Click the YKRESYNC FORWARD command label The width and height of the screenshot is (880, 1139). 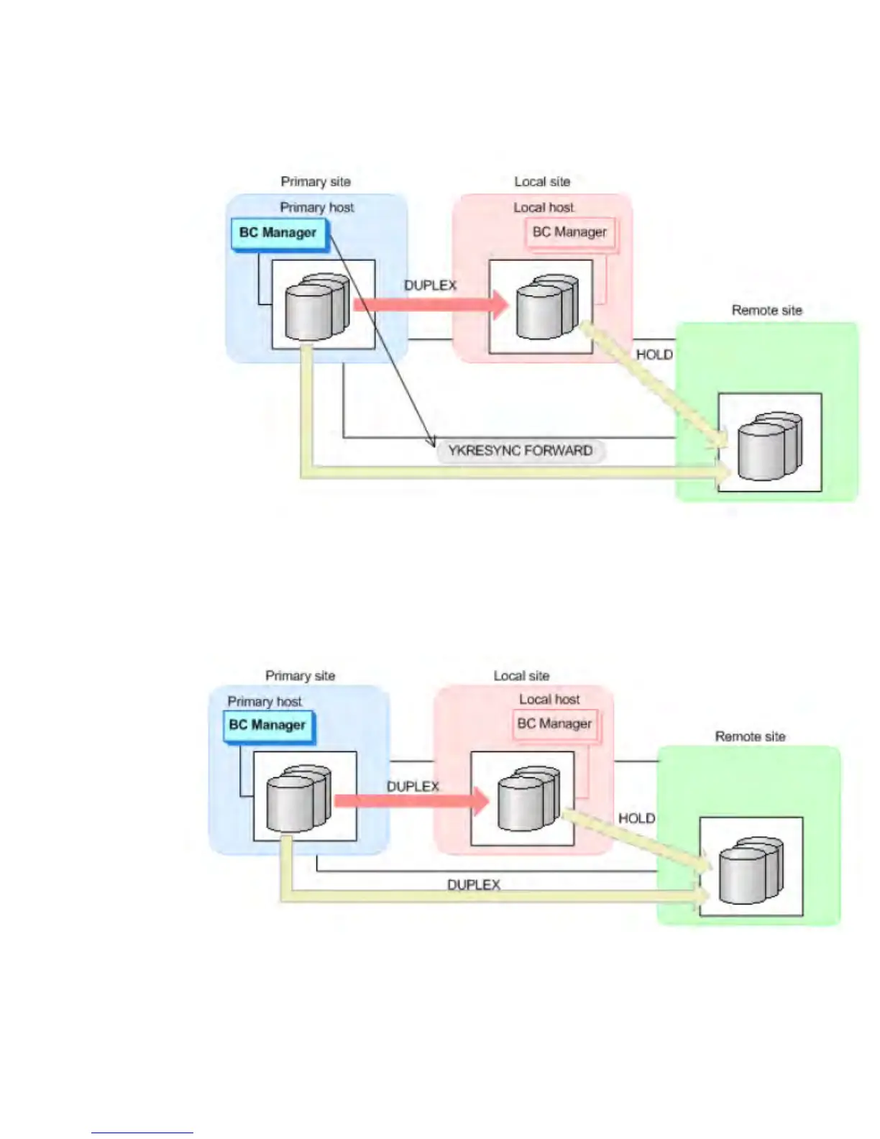coord(520,451)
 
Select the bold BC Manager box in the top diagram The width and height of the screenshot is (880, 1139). coord(278,233)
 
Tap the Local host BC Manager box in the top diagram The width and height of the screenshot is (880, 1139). coord(570,232)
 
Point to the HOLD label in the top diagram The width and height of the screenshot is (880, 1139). coord(654,354)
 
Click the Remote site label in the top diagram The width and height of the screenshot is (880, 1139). coord(766,310)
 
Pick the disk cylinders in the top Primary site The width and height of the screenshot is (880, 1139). coord(317,306)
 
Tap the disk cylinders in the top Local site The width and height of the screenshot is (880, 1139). coord(547,306)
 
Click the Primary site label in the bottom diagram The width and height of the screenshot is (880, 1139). coord(300,675)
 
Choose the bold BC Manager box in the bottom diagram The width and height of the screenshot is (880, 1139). coord(267,725)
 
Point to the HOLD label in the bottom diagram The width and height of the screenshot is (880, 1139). coord(637,818)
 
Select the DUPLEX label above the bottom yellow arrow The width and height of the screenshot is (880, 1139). coord(473,884)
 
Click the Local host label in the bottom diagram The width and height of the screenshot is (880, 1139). coord(549,699)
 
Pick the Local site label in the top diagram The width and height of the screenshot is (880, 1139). coord(542,182)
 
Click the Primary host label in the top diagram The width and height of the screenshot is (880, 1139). coord(317,207)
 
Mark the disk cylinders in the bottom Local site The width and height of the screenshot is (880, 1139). coord(528,799)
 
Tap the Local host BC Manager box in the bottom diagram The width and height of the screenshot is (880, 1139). coord(555,723)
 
